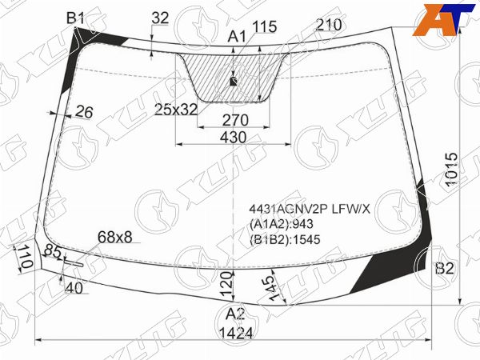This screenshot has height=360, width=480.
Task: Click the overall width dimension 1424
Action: (236, 333)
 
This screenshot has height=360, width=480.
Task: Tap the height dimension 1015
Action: (451, 170)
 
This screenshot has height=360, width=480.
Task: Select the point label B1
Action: (75, 18)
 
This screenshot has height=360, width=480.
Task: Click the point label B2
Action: (444, 269)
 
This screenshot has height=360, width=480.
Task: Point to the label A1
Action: (237, 37)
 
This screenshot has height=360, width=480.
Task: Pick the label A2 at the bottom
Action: (235, 314)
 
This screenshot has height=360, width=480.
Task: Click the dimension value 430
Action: (234, 138)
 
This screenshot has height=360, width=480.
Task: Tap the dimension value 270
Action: (235, 120)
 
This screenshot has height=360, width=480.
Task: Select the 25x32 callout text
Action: (176, 110)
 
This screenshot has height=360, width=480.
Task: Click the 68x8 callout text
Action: (114, 237)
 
